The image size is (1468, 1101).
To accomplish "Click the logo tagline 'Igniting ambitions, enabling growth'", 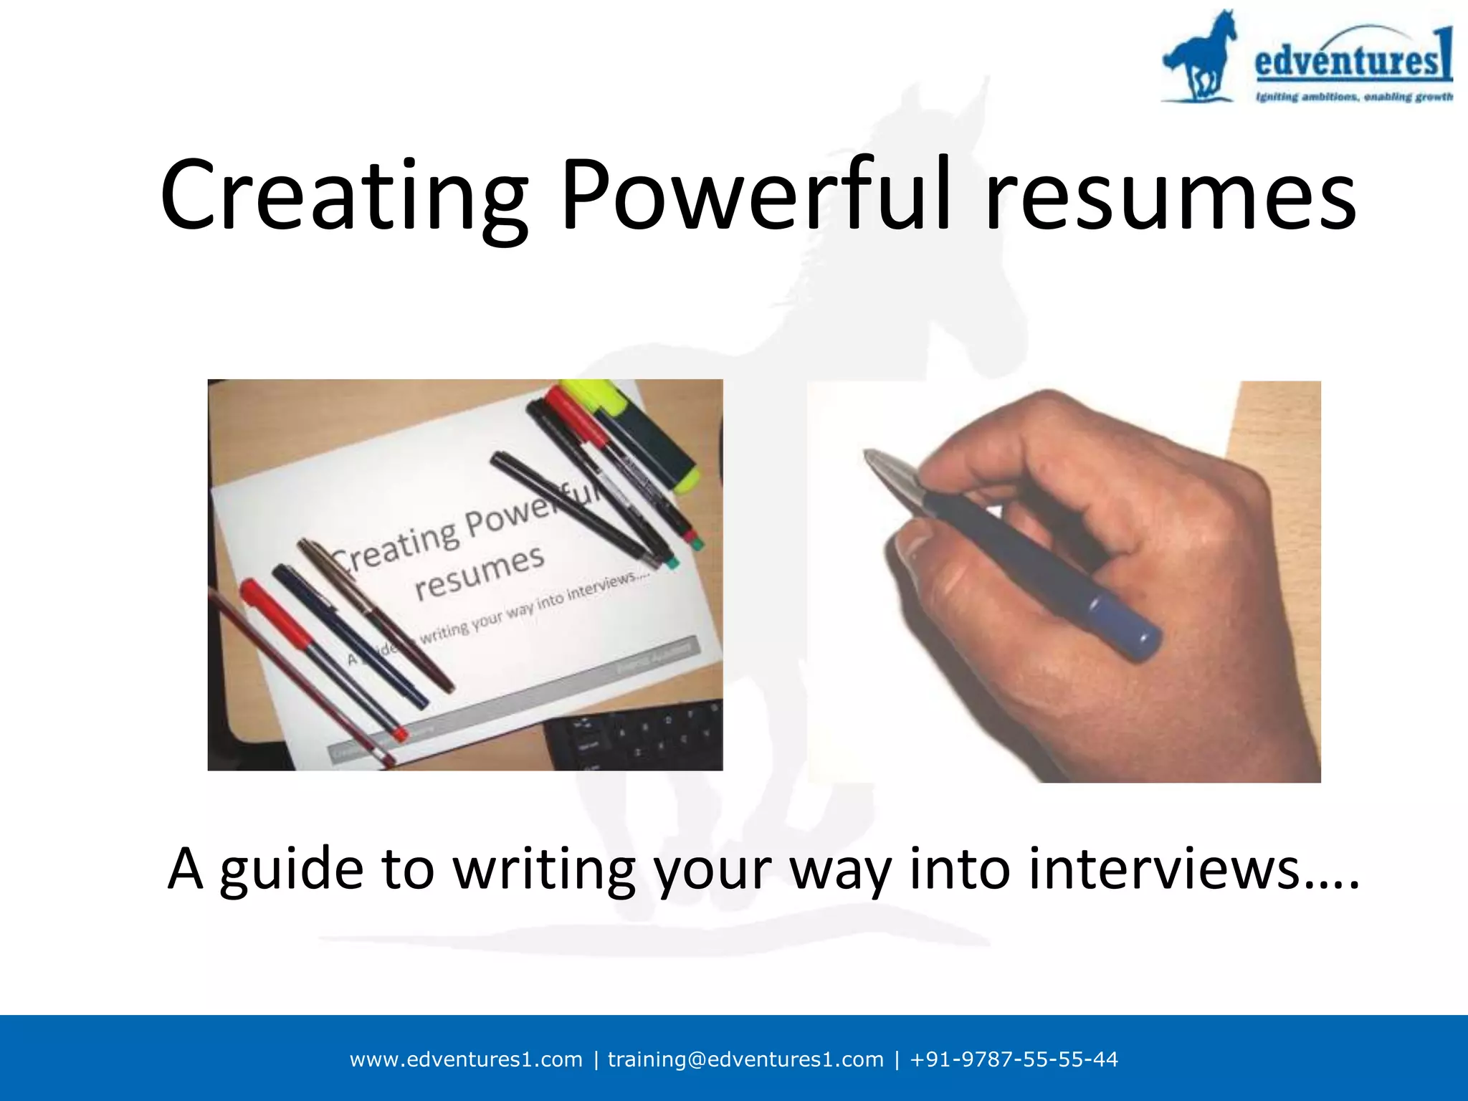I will click(1353, 97).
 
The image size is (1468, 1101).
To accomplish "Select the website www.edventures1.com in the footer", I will click(466, 1059).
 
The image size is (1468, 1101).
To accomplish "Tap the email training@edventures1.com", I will click(745, 1059).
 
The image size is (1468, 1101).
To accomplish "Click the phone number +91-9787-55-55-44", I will click(1014, 1059).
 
